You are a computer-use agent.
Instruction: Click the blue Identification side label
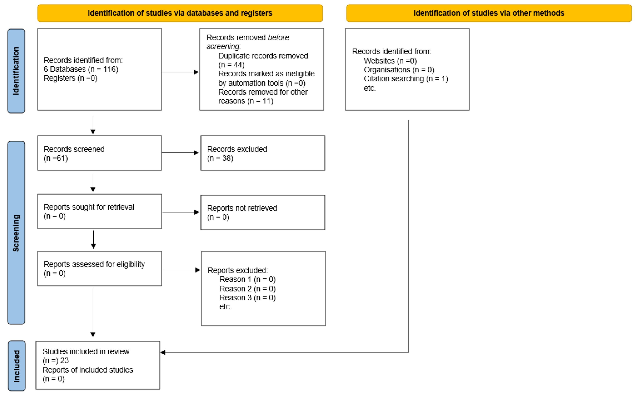coord(16,71)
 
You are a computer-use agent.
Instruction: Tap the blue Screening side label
coord(16,233)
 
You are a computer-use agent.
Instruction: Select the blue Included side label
coord(17,366)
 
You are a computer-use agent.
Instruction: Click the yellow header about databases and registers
coord(180,13)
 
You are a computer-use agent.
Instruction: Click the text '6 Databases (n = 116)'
coord(81,69)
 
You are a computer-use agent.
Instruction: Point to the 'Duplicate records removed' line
coord(263,56)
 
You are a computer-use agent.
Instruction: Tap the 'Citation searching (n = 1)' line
coord(406,79)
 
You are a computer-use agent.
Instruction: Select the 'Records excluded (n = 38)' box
coord(263,153)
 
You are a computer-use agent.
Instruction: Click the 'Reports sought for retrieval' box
coord(99,211)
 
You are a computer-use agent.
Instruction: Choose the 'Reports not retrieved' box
coord(263,212)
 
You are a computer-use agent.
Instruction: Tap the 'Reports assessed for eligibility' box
coord(99,269)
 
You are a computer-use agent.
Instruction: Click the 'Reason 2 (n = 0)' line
coord(247,289)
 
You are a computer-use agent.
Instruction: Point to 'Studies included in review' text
coord(86,352)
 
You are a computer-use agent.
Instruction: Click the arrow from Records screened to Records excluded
coord(180,153)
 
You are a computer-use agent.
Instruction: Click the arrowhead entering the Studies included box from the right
coord(163,353)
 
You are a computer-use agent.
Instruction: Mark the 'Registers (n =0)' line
coord(70,78)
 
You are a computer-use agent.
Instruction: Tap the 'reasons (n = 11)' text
coord(246,101)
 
